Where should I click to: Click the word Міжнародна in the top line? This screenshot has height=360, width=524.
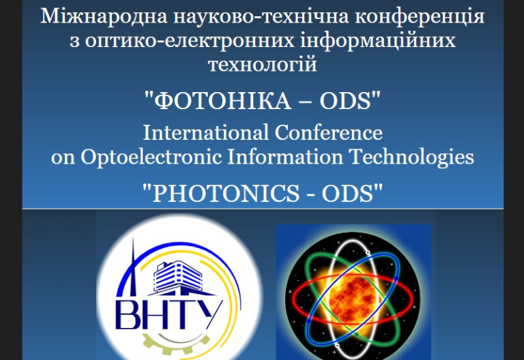pos(104,16)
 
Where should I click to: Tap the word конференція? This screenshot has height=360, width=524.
pos(420,17)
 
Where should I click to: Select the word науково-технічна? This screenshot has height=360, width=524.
pos(261,17)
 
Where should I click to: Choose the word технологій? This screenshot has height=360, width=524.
pos(262,65)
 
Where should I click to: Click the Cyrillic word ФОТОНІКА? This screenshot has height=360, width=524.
pos(222,100)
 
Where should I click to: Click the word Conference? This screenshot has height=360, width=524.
pos(328,132)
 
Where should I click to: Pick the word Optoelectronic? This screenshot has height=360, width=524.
pos(151,157)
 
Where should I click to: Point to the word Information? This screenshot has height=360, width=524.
pos(285,156)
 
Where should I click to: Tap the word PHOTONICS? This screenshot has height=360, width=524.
pos(226,194)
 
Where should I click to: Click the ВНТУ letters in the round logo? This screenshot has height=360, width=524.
pos(169,315)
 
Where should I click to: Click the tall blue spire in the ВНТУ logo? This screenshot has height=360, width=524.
pos(133,267)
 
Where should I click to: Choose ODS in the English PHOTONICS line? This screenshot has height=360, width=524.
pos(347,194)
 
